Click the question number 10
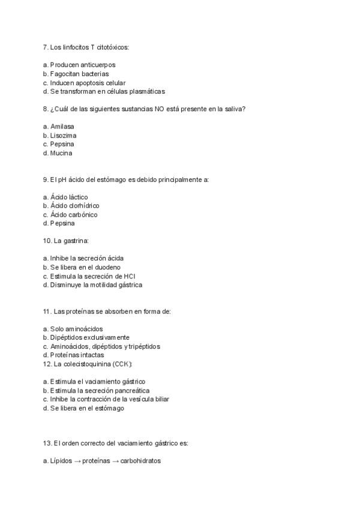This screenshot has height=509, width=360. coord(47,241)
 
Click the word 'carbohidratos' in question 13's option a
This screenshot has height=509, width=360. coord(140,461)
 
